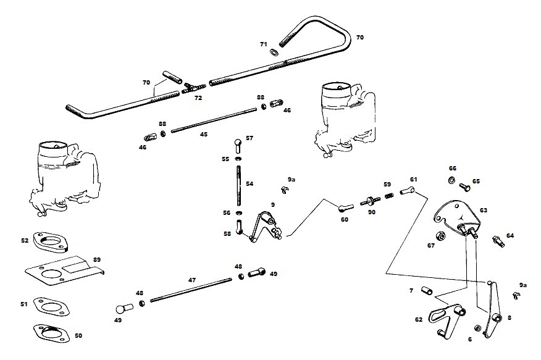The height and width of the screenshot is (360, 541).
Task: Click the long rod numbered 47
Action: click(x=191, y=290)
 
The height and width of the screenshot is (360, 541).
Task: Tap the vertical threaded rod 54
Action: click(x=238, y=183)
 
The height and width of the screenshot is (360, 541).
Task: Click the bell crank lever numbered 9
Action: click(x=264, y=226)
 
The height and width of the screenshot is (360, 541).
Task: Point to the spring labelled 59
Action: click(x=390, y=195)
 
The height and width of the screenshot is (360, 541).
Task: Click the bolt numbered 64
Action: click(x=497, y=240)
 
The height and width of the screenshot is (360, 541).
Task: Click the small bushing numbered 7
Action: click(x=426, y=290)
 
